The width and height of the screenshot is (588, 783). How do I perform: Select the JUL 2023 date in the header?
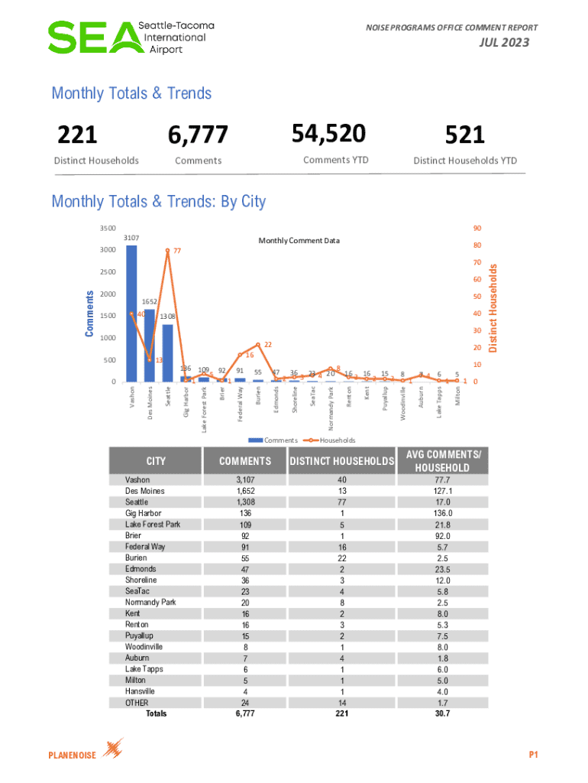tap(504, 43)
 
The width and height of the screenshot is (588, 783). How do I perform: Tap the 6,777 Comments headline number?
tap(198, 135)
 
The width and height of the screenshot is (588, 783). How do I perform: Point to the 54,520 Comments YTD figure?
tap(329, 133)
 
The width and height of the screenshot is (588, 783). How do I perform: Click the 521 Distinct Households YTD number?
tap(465, 135)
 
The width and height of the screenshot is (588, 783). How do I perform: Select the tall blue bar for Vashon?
tap(131, 314)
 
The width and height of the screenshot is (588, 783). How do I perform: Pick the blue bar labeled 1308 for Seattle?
tap(167, 353)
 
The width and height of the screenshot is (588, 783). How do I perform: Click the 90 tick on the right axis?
tap(477, 228)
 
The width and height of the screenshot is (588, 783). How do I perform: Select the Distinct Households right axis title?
tap(493, 308)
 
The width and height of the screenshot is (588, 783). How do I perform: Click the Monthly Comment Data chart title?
tap(299, 241)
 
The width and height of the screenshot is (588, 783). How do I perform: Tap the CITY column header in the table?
tap(156, 461)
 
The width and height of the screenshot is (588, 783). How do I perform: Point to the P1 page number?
tap(535, 755)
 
